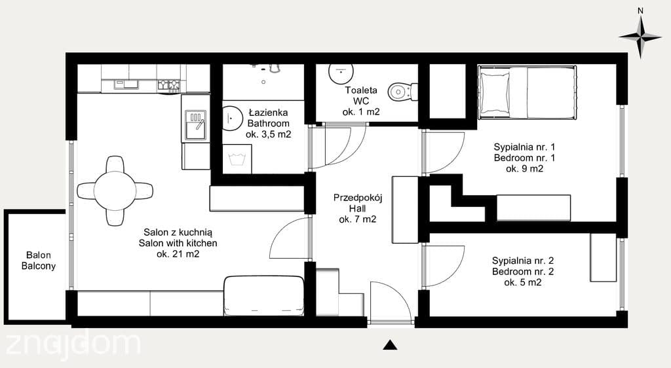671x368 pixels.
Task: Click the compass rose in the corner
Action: tap(640, 38)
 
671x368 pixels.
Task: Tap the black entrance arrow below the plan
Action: tap(389, 345)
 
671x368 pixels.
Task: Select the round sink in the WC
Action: tap(341, 73)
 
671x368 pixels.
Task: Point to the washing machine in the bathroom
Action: tap(237, 158)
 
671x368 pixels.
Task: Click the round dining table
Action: tap(115, 191)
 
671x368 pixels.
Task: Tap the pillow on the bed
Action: tap(495, 93)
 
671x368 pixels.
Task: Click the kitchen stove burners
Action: tap(168, 85)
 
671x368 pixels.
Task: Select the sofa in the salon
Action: tap(263, 296)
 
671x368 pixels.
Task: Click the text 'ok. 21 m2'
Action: tap(178, 254)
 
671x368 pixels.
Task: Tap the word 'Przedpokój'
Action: tap(358, 198)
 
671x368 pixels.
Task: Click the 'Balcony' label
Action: tap(39, 266)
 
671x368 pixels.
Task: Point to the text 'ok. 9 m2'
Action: tap(525, 169)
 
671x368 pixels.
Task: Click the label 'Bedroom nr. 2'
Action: tap(523, 271)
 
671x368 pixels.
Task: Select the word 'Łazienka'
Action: tap(268, 113)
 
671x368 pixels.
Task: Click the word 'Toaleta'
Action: tap(361, 90)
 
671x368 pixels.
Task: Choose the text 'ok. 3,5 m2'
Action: tap(268, 135)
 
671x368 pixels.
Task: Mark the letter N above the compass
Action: tap(640, 11)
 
